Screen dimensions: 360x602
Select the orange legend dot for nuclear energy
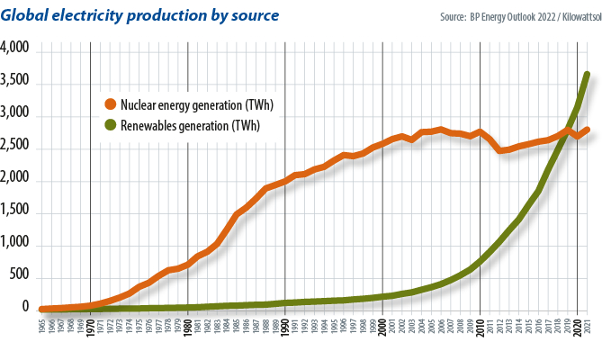click(x=112, y=105)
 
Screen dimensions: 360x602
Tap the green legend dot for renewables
click(x=112, y=126)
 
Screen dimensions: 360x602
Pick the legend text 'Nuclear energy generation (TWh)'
click(x=196, y=105)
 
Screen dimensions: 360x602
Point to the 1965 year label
click(x=42, y=326)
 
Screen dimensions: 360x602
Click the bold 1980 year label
click(x=187, y=326)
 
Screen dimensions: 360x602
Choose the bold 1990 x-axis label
click(x=285, y=326)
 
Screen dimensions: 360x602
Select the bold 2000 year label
click(x=382, y=326)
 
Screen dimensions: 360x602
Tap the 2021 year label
click(x=587, y=326)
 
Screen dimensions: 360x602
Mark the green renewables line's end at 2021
click(x=587, y=75)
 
